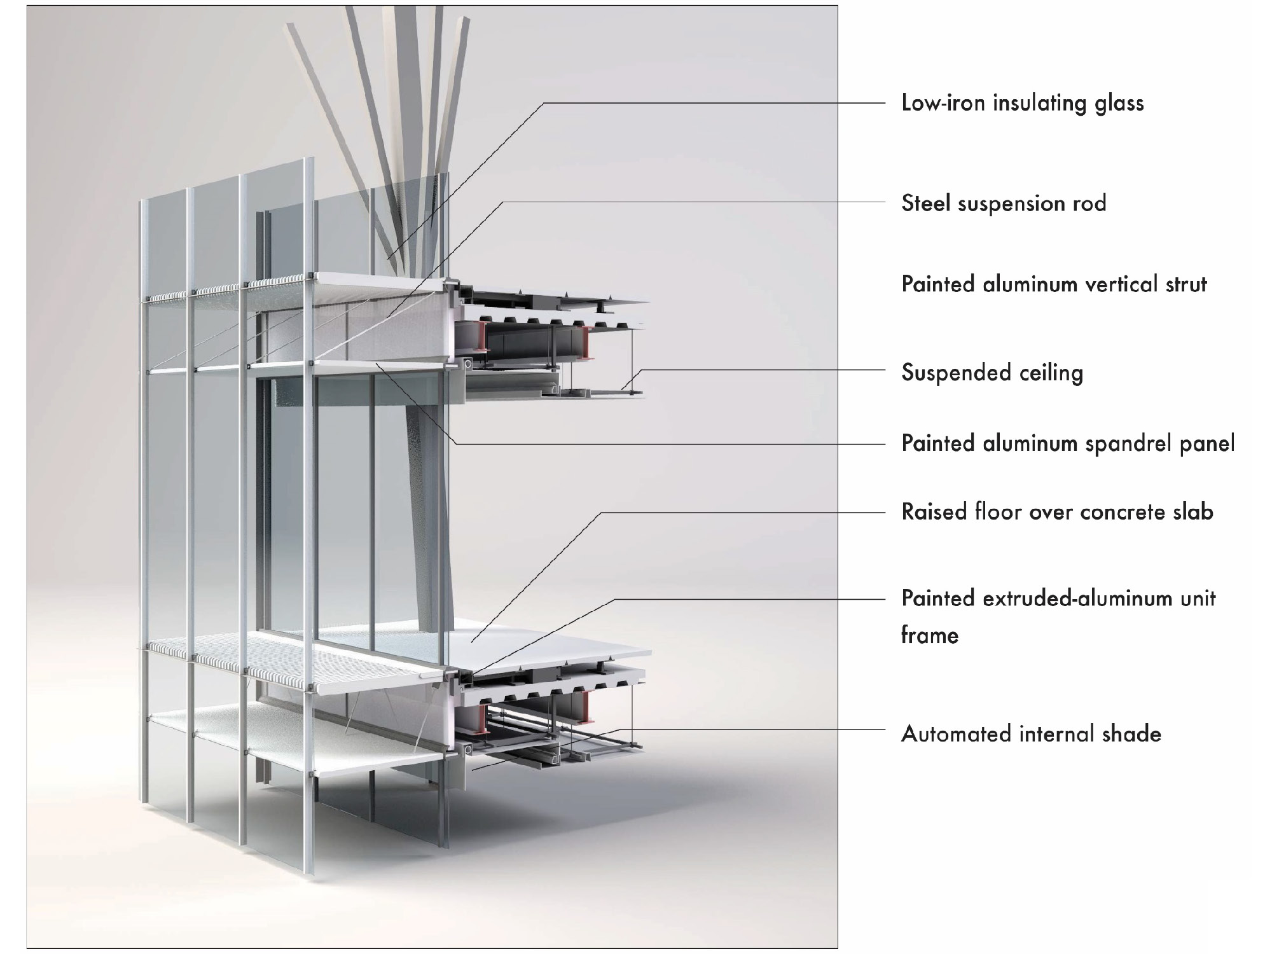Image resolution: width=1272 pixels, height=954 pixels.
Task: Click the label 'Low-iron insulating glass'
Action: tap(1022, 103)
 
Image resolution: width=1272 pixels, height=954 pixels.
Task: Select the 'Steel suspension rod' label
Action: tap(1004, 204)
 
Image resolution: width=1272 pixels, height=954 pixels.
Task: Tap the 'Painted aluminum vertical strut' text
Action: tap(1054, 284)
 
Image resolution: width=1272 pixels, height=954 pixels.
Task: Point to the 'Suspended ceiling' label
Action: tap(992, 373)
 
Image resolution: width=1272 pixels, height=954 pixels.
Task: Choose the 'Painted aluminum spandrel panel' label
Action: tap(1068, 443)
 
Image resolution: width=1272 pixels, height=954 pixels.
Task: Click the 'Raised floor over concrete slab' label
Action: tap(1057, 511)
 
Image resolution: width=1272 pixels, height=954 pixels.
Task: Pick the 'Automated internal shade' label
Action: tap(1031, 734)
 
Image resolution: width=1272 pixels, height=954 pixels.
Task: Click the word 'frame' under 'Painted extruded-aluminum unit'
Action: tap(929, 635)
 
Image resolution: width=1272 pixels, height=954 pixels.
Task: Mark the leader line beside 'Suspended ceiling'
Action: tap(763, 370)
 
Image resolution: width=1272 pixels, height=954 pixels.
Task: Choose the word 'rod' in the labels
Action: tap(1089, 204)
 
